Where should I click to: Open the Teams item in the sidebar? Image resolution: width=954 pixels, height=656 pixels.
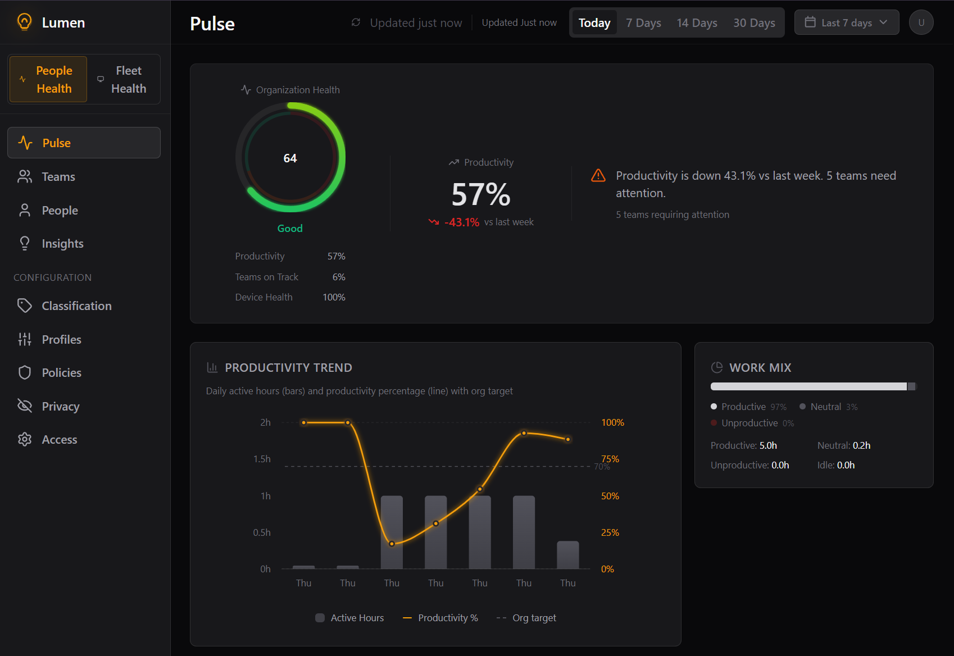58,177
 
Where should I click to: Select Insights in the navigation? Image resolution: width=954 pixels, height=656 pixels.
62,244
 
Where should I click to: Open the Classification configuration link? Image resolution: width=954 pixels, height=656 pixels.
76,306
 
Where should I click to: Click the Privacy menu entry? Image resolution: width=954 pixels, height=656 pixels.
60,407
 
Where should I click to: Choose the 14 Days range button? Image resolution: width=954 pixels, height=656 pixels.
697,23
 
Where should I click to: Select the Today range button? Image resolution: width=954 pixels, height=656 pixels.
594,23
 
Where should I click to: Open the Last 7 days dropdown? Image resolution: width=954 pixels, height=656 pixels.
846,22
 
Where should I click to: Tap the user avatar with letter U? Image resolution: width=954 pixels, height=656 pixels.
921,22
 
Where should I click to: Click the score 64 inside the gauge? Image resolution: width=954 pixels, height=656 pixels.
290,158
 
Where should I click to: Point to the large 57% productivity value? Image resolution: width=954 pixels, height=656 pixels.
481,194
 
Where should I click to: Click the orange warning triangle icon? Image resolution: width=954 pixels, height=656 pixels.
598,176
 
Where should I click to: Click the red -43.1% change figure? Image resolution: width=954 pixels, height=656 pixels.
461,222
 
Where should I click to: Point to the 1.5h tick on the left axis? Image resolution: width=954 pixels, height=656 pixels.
262,459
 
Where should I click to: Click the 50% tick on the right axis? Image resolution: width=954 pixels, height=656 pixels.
610,496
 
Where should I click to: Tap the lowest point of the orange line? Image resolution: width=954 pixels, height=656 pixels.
392,544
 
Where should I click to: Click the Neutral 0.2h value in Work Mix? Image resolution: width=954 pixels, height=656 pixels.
861,445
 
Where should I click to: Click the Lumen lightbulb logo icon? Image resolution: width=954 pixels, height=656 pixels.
24,22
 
